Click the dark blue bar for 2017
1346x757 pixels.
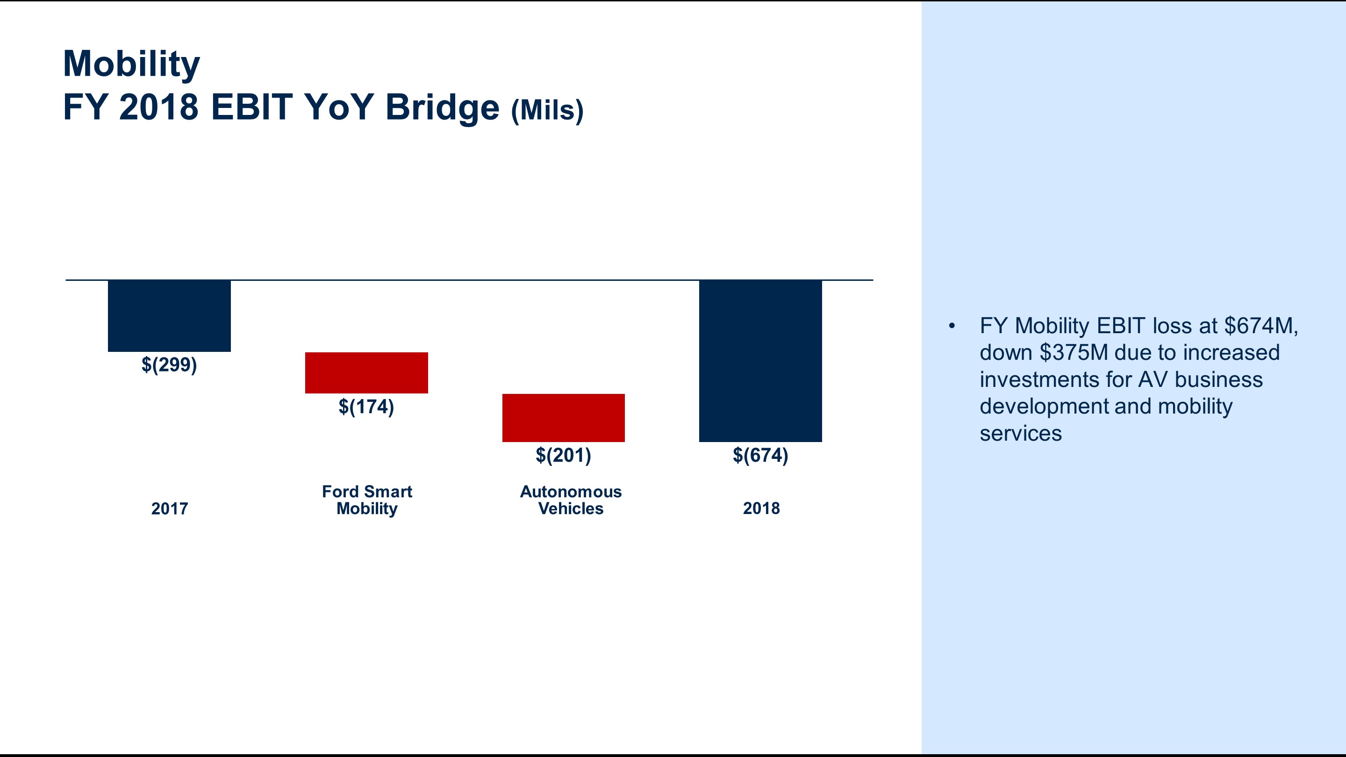coord(169,315)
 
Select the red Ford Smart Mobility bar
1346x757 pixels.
coord(366,372)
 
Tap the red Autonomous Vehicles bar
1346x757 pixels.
coord(563,417)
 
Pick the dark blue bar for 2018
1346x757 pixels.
coord(760,360)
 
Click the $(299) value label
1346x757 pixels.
coord(169,364)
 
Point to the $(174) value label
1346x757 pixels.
coord(366,407)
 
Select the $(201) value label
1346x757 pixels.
coord(563,455)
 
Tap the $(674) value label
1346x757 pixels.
coord(760,455)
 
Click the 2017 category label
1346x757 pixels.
coord(169,508)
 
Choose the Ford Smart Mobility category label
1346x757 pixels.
coord(367,500)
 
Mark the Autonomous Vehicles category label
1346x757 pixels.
coord(571,500)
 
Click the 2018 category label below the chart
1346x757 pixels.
coord(761,508)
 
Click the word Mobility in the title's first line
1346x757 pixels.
coord(131,64)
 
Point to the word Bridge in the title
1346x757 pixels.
coord(442,107)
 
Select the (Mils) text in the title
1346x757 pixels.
coord(547,110)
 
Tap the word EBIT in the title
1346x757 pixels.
coord(251,107)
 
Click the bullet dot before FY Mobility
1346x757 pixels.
coord(952,326)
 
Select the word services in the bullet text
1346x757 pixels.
coord(1020,434)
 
